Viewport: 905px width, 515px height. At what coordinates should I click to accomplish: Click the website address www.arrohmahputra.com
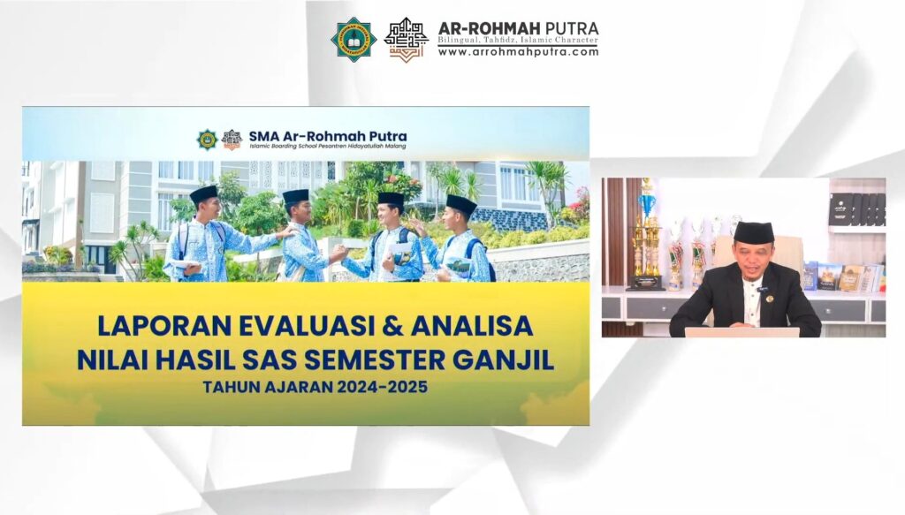pos(518,52)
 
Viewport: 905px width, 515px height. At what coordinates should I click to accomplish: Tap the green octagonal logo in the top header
pos(354,39)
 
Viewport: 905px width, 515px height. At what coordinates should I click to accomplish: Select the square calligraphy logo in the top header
pos(406,40)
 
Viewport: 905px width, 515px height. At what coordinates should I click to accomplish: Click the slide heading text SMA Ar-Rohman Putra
pos(327,135)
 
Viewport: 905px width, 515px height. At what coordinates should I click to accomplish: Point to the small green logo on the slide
pos(207,140)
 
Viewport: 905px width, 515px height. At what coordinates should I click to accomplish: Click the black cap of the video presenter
pos(755,232)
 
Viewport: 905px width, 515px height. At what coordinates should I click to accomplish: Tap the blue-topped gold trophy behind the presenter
pos(648,234)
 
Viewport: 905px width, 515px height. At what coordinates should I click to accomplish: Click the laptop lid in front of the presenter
pos(742,332)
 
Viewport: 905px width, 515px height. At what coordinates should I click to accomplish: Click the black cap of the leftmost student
pos(203,193)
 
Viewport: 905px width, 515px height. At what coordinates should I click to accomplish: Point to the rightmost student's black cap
pos(460,204)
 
